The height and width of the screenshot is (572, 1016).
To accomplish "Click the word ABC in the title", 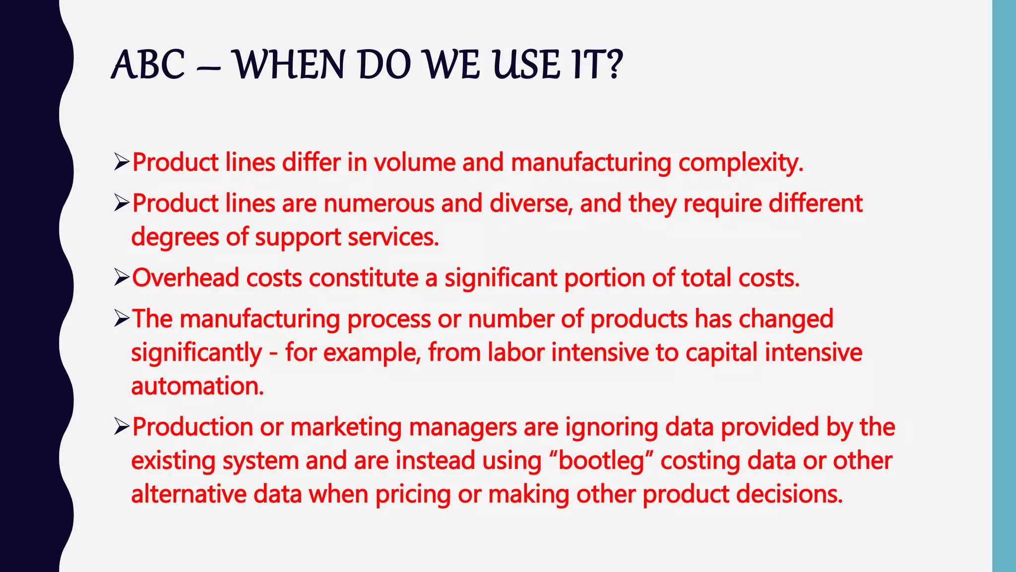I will (x=148, y=65).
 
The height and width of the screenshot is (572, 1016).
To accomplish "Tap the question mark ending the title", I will (x=614, y=65).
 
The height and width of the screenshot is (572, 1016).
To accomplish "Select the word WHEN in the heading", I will (x=289, y=65).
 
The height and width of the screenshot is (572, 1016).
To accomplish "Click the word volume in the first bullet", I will (x=414, y=163).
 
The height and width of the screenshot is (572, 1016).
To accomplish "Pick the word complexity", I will (x=740, y=163).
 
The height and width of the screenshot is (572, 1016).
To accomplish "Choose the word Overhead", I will (x=185, y=278).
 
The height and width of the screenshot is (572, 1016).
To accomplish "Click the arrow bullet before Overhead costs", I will (x=121, y=278).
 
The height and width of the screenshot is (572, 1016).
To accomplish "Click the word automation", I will (x=197, y=386).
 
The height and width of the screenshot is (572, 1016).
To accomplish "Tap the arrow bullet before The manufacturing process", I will (x=121, y=318).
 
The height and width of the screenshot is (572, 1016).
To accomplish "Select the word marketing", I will (x=346, y=428).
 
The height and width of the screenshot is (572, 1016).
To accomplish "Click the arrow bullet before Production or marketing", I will (x=121, y=427).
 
